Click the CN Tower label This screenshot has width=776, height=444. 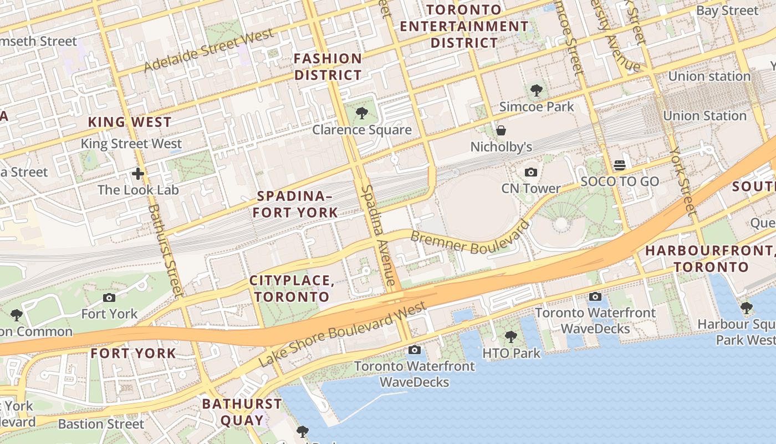click(530, 189)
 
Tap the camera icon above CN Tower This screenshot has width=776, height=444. click(531, 172)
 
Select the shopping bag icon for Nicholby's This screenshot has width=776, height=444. click(501, 130)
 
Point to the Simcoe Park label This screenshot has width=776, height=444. click(537, 107)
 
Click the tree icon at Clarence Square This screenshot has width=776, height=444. click(361, 114)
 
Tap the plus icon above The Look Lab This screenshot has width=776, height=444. click(138, 174)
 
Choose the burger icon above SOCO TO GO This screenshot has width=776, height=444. click(620, 165)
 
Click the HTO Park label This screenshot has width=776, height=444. click(511, 353)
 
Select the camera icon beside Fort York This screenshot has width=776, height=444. click(109, 297)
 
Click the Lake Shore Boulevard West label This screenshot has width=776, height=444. click(343, 334)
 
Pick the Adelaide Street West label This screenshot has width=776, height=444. click(209, 51)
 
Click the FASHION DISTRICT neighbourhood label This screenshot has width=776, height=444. click(328, 67)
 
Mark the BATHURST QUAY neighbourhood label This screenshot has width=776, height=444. click(242, 412)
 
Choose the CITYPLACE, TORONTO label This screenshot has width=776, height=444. click(292, 289)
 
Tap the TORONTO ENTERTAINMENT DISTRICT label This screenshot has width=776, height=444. click(464, 26)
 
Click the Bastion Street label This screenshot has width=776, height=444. click(101, 424)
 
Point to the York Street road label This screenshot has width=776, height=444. click(682, 181)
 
